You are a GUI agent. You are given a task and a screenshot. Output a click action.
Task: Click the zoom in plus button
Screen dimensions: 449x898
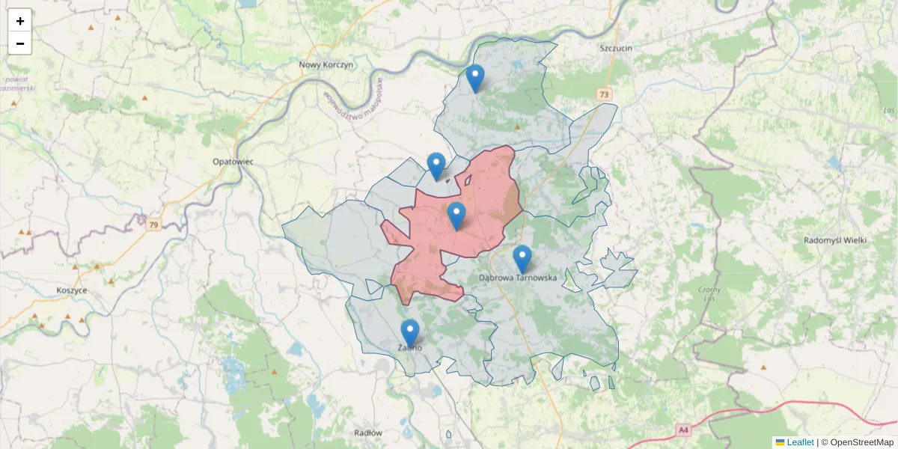(x=20, y=21)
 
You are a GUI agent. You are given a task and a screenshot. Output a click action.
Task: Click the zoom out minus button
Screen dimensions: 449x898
(x=20, y=43)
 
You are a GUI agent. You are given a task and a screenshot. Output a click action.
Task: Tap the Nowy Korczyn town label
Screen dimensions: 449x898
(x=326, y=65)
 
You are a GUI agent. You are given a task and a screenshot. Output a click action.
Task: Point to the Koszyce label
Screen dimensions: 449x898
(x=72, y=290)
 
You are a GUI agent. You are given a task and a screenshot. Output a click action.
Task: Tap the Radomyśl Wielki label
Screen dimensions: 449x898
(x=834, y=240)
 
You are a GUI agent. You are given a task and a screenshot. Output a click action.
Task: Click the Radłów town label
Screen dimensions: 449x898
(x=367, y=433)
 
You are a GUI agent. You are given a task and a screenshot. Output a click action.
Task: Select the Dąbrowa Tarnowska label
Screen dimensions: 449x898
(x=518, y=277)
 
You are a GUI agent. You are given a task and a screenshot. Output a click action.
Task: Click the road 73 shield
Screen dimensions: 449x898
(x=605, y=94)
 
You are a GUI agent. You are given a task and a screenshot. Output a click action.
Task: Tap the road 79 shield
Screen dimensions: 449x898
(x=153, y=224)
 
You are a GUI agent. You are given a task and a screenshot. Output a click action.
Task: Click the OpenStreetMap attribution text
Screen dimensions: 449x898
(x=863, y=442)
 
